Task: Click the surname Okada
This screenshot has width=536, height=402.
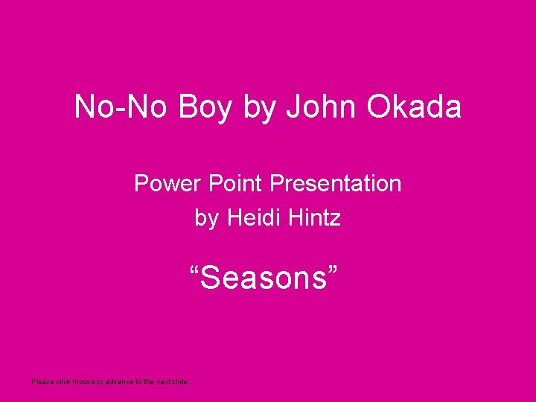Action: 414,107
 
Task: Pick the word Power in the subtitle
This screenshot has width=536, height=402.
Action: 162,183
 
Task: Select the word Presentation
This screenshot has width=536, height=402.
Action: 336,183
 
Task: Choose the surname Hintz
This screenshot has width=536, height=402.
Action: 315,218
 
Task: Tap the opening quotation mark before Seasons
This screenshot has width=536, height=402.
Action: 196,271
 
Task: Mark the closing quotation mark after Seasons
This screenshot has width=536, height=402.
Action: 334,271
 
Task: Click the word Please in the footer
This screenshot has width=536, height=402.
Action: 42,381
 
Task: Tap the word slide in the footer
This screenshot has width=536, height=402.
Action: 181,381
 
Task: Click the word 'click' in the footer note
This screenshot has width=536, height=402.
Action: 63,381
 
